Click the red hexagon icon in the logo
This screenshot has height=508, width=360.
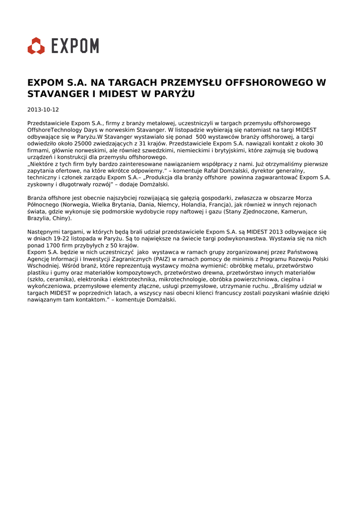click(x=36, y=46)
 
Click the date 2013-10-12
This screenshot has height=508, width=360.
click(x=43, y=110)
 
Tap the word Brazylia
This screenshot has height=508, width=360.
click(x=40, y=218)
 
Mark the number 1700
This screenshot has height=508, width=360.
click(x=52, y=246)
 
